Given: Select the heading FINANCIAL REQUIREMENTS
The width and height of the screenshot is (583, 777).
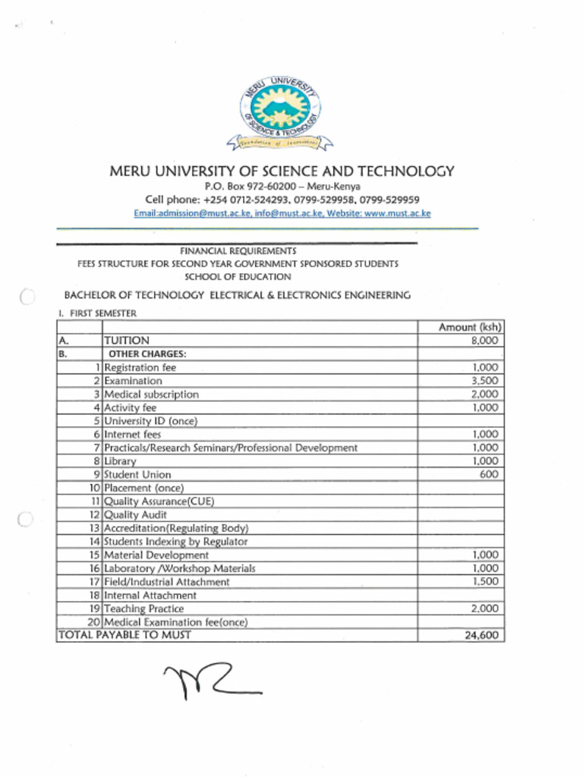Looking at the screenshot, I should click(238, 250).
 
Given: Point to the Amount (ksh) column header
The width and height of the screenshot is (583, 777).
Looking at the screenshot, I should click(470, 327).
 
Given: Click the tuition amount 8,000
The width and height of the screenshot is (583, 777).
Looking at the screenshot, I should click(484, 341).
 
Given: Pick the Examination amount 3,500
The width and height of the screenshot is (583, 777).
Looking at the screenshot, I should click(484, 381).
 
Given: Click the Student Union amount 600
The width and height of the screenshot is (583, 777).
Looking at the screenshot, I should click(489, 474).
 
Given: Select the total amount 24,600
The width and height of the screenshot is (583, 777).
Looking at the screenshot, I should click(482, 635).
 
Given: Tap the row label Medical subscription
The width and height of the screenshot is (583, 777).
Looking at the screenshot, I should click(151, 395).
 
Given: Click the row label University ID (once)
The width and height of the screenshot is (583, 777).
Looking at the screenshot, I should click(150, 421).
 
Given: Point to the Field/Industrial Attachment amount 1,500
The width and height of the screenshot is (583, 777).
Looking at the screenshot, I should click(484, 581).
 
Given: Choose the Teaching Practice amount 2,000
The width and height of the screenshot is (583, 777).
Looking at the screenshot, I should click(484, 609).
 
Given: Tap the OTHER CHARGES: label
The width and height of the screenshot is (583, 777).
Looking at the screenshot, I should click(147, 354).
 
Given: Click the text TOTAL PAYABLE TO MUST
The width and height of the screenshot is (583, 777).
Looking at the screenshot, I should click(124, 635).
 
